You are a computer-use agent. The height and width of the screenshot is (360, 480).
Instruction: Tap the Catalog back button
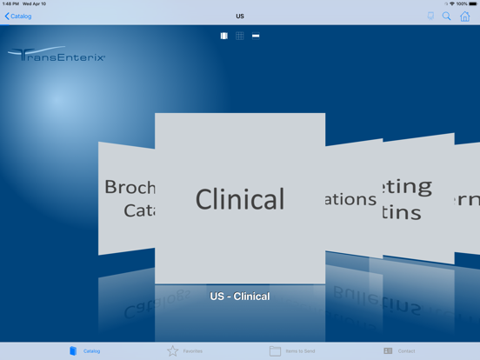click(x=18, y=16)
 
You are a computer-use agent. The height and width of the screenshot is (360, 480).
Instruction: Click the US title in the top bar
click(x=240, y=16)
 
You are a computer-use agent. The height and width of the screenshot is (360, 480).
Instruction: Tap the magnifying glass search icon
click(x=447, y=16)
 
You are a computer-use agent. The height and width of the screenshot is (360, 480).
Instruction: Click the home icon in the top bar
click(x=465, y=16)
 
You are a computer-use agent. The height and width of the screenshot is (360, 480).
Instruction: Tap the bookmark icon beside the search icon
click(x=430, y=16)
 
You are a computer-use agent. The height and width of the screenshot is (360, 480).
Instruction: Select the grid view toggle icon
click(x=240, y=36)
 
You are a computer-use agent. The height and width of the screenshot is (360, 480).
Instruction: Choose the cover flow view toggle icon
click(x=223, y=36)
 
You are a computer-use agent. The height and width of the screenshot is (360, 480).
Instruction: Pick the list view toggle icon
click(x=256, y=36)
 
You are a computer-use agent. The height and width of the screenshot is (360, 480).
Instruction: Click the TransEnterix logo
click(x=57, y=56)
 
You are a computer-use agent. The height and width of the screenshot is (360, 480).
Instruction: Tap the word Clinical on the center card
click(x=240, y=199)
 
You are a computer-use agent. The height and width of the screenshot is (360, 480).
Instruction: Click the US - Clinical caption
click(x=240, y=297)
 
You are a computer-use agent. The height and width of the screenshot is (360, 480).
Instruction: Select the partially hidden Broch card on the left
click(x=127, y=198)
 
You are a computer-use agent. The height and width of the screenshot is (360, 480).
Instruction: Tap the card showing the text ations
click(x=352, y=198)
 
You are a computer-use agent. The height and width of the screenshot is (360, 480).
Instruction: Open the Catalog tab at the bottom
click(x=85, y=350)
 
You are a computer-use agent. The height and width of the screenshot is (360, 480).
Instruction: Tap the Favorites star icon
click(x=173, y=350)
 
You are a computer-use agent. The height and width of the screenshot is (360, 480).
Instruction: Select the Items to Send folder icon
click(x=275, y=350)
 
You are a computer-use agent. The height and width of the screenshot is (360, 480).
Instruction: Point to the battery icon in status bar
click(x=472, y=3)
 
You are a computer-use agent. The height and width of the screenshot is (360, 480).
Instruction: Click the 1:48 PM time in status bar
click(x=10, y=3)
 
